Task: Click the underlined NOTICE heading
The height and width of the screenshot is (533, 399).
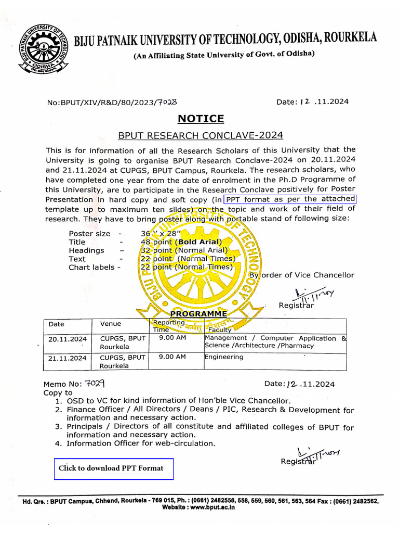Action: pos(201,119)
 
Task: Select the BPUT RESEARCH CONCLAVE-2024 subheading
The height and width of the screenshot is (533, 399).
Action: pos(201,136)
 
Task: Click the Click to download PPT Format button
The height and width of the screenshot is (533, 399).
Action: pos(114,468)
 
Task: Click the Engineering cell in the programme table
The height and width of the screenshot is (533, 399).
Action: pos(223,357)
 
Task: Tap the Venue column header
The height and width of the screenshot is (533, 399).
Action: pos(110,324)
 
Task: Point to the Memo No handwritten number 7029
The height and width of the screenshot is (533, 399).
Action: pos(95,384)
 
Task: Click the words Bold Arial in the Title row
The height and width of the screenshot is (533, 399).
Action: pos(198,242)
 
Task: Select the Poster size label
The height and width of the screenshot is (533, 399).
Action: pos(89,234)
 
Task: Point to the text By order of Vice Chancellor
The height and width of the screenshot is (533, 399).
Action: pos(301,275)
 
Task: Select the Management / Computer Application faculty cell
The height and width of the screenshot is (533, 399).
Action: pos(275,341)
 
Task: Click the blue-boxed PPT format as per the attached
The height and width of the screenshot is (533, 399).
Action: pos(290,200)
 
